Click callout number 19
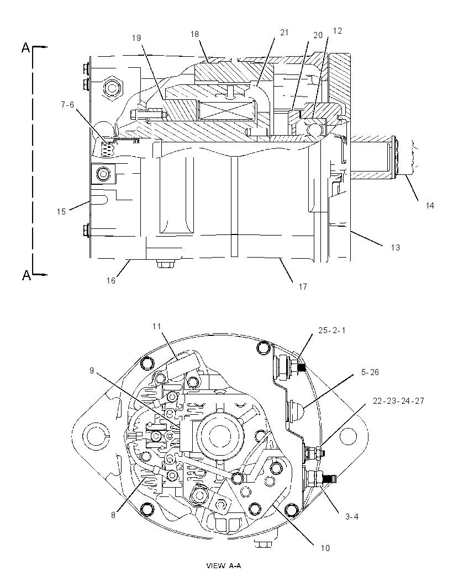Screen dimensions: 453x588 pos(136,38)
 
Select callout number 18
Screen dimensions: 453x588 pos(194,34)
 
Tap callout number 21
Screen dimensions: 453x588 pos(285,33)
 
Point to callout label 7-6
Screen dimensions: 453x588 pos(67,105)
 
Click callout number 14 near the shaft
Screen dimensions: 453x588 pos(430,205)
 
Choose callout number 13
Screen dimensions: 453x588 pos(396,248)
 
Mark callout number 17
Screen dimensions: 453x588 pos(303,286)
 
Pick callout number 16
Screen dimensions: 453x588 pos(111,281)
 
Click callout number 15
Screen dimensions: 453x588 pos(61,212)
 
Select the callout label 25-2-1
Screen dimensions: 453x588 pos(332,330)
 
